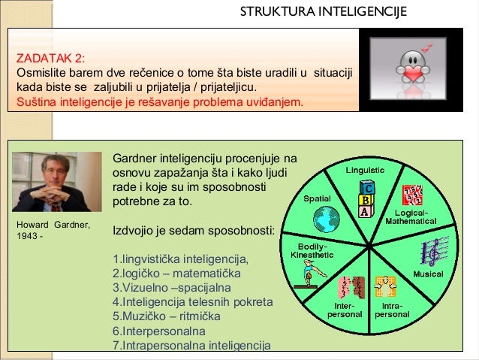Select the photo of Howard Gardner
click(x=58, y=182)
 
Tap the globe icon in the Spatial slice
click(x=327, y=220)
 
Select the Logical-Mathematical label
click(x=411, y=217)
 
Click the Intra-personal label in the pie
click(x=392, y=310)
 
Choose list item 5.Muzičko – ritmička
click(x=167, y=316)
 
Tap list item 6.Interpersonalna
click(x=159, y=331)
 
